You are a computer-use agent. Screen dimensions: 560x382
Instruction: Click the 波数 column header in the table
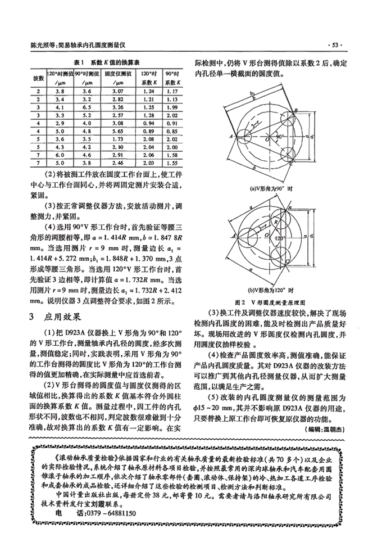[38, 76]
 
